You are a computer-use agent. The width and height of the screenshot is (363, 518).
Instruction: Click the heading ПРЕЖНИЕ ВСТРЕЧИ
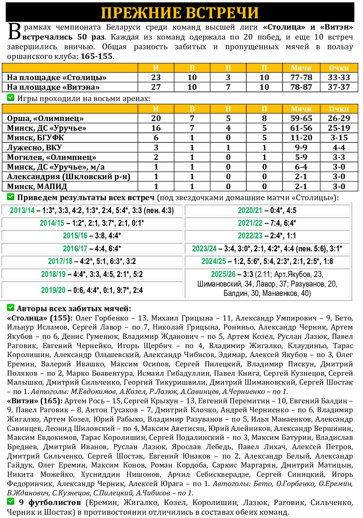tap(180, 13)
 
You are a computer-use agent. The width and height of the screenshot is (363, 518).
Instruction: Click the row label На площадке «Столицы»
tap(57, 78)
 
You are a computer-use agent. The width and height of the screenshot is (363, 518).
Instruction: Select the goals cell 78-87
tap(301, 87)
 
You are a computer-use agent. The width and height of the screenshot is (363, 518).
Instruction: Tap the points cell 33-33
tap(339, 77)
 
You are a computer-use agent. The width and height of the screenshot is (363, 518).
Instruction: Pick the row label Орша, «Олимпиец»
tap(45, 118)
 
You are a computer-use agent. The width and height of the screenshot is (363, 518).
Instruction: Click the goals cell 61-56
tap(301, 128)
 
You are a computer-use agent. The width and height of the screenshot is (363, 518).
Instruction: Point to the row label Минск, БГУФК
tap(36, 138)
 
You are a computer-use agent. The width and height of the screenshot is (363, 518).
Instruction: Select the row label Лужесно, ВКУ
tap(35, 147)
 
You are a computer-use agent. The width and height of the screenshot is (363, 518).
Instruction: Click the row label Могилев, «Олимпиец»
tap(51, 157)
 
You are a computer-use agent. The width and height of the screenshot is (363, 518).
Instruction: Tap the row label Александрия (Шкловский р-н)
tap(68, 177)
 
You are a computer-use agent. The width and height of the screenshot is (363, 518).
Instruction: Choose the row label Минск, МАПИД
tap(37, 187)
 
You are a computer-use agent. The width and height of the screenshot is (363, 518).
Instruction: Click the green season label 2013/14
tap(22, 210)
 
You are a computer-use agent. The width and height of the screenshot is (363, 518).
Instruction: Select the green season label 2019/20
tap(53, 290)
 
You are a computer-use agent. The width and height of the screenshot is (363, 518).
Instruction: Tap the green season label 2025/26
tap(223, 274)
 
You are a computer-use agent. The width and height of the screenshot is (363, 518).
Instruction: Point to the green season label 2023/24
tap(204, 249)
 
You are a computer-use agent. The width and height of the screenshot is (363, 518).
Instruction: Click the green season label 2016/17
tap(75, 249)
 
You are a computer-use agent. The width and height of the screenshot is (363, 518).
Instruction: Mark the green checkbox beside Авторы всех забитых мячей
tap(11, 308)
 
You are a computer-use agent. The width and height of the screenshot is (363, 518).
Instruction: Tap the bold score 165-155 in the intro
tap(96, 57)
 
